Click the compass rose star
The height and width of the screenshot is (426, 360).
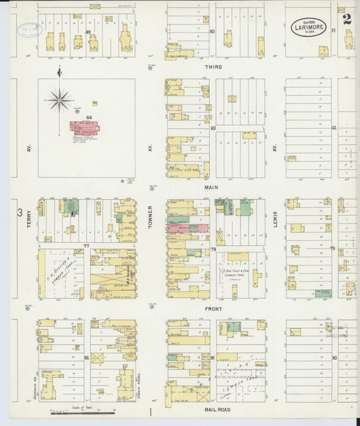(59, 100)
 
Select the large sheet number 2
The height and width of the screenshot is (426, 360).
(346, 19)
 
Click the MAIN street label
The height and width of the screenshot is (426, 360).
(209, 189)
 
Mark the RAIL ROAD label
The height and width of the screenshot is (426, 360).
(213, 409)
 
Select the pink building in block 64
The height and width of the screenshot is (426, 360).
(84, 127)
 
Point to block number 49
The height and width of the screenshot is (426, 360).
(88, 32)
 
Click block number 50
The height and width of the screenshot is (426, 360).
(212, 32)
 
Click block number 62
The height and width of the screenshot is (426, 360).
(334, 127)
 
